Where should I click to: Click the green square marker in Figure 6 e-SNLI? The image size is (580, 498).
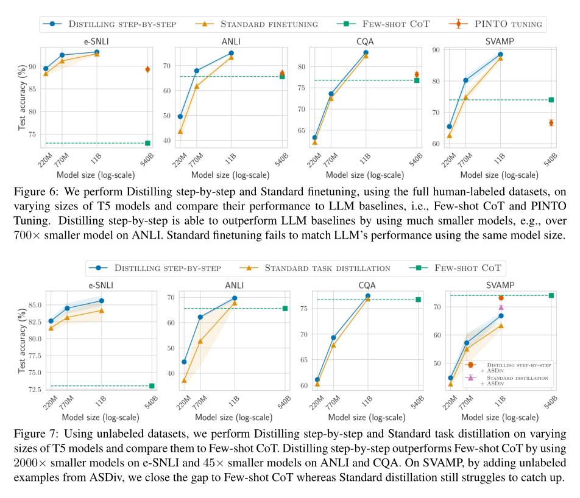coord(147,143)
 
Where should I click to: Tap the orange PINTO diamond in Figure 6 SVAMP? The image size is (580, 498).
coord(551,122)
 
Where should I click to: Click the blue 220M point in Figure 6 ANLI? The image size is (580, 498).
coord(180,116)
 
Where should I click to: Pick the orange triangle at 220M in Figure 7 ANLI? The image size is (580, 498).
coord(184,381)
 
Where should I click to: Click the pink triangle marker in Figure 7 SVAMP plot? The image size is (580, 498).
coord(501,307)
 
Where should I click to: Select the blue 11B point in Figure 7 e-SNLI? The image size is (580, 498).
coord(102,301)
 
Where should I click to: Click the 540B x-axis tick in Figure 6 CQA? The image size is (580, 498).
coord(415,160)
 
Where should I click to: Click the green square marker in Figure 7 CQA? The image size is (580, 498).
coord(418,300)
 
